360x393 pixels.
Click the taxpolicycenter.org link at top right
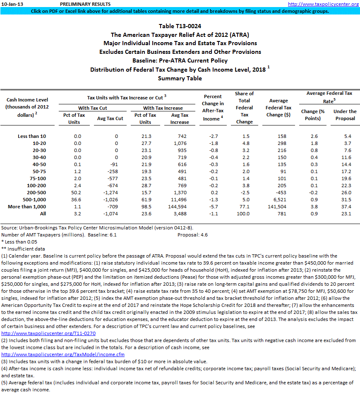pyautogui.click(x=323, y=4)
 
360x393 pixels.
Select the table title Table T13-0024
pyautogui.click(x=180, y=26)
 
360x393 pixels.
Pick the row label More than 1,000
pyautogui.click(x=27, y=206)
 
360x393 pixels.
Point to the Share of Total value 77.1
pyautogui.click(x=245, y=206)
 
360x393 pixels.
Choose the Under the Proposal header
pyautogui.click(x=344, y=115)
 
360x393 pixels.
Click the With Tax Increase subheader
pyautogui.click(x=163, y=108)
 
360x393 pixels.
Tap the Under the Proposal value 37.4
pyautogui.click(x=346, y=206)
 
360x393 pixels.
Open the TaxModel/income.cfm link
pyautogui.click(x=63, y=354)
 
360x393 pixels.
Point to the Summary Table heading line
pyautogui.click(x=180, y=78)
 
